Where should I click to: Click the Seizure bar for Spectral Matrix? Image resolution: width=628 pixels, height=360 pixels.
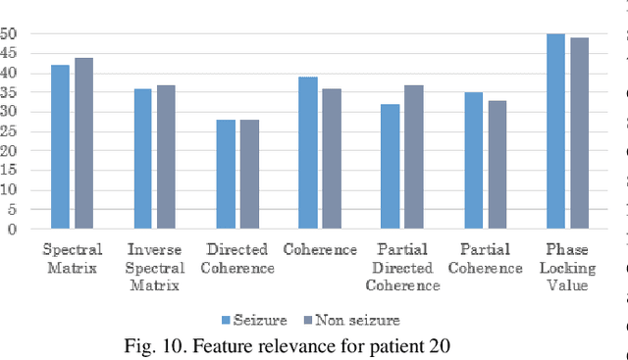(x=60, y=147)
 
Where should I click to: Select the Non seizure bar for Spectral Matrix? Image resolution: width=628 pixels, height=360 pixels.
(x=83, y=143)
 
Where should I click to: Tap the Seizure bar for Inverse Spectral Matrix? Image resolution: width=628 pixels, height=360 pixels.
(x=143, y=159)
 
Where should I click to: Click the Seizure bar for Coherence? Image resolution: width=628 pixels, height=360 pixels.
(x=308, y=153)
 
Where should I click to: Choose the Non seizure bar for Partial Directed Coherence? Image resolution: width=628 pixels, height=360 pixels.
(x=415, y=157)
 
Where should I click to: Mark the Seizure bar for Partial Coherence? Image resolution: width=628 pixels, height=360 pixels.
(x=474, y=161)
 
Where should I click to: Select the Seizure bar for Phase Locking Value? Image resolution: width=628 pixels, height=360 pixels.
(x=556, y=131)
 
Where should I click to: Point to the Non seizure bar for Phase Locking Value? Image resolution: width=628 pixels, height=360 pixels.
(x=580, y=133)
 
